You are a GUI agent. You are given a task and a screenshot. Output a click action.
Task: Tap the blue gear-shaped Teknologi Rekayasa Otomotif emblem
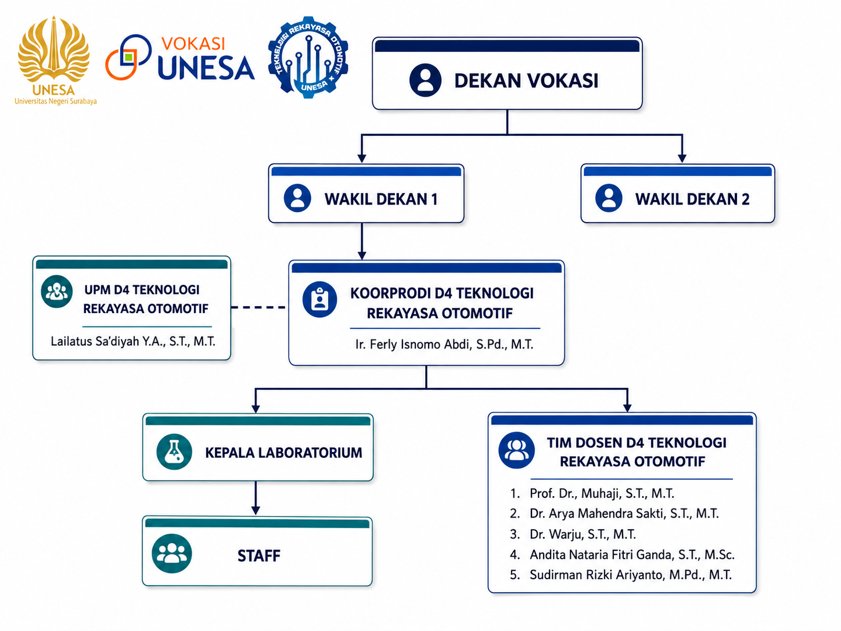[x=308, y=58]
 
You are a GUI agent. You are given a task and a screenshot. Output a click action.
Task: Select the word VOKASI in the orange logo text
[x=193, y=44]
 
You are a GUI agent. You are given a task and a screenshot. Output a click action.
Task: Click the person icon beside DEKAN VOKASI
[x=425, y=80]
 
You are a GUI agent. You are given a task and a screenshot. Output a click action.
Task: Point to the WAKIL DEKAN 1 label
[x=381, y=199]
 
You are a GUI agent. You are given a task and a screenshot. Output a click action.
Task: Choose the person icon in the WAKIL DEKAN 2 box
[x=609, y=198]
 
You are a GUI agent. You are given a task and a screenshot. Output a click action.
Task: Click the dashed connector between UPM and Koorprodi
[x=258, y=307]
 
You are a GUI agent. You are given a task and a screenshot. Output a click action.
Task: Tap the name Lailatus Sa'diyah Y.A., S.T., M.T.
[x=133, y=341]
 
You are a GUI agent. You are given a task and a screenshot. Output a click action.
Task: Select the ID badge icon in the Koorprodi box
[x=319, y=300]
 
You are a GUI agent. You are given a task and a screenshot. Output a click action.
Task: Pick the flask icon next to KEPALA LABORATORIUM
[x=174, y=451]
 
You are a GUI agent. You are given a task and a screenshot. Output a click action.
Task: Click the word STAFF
[x=259, y=555]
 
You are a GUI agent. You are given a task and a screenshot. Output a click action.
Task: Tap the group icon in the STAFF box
[x=172, y=553]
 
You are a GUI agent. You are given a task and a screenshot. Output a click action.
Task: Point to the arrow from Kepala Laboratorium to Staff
[x=256, y=498]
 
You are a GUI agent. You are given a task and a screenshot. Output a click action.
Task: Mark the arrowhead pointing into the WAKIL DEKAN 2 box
[x=682, y=158]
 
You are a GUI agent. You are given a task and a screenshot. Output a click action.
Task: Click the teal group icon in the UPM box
[x=57, y=292]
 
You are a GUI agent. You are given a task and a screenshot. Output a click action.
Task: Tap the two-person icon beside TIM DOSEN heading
[x=516, y=450]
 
